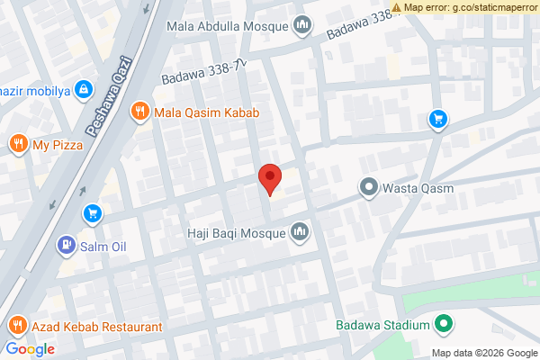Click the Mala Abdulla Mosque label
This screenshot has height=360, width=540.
tap(228, 25)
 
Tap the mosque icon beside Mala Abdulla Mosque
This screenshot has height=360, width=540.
tap(301, 25)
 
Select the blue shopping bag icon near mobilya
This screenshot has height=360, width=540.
tap(83, 89)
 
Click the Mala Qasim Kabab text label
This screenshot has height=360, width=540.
tap(206, 112)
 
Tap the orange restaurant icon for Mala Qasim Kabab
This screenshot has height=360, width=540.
tap(139, 112)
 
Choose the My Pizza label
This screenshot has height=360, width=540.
tap(57, 144)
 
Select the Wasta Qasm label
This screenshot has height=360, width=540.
tap(418, 189)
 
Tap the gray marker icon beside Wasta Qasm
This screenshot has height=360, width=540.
tap(368, 189)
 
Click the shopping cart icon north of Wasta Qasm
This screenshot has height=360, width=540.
tap(437, 118)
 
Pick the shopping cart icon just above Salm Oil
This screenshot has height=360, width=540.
tap(92, 213)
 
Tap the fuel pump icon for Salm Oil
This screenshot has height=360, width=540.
tap(66, 244)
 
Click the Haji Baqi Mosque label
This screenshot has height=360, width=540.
tap(236, 234)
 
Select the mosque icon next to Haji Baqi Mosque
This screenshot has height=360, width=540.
tap(300, 234)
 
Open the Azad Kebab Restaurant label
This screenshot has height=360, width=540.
tap(96, 327)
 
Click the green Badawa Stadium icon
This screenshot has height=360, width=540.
tap(443, 325)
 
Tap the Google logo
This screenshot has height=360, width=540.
tap(31, 349)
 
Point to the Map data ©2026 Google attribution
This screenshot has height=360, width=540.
tap(483, 353)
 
